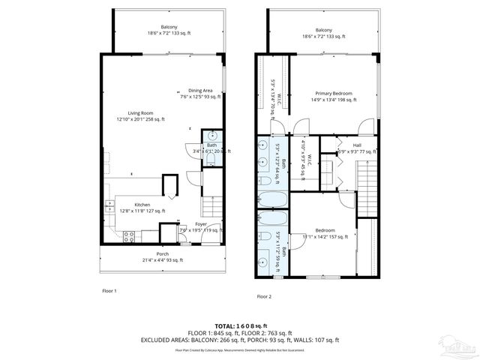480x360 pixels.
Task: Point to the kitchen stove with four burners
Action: click(x=128, y=237)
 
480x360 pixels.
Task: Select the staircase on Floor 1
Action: click(x=213, y=202)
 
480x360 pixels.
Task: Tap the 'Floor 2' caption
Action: click(x=265, y=296)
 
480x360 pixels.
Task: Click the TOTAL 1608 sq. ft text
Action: click(x=239, y=325)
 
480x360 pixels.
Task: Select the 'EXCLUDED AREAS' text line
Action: click(x=239, y=339)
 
